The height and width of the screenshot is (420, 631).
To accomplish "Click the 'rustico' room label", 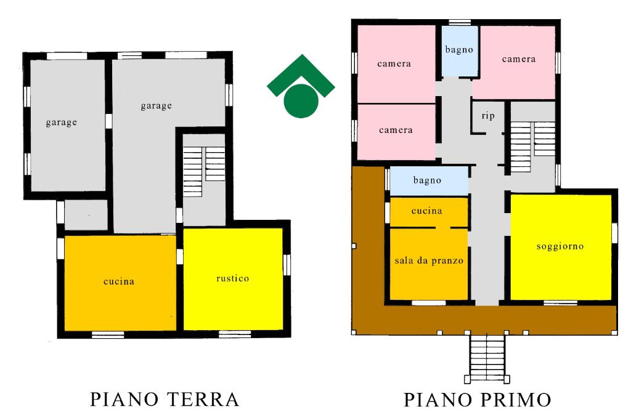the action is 232,278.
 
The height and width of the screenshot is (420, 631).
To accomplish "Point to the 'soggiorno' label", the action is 560,246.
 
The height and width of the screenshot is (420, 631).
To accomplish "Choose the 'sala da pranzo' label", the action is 429,260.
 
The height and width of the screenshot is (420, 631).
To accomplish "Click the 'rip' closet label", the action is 488,115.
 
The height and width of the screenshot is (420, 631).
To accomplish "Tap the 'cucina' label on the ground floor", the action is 119,281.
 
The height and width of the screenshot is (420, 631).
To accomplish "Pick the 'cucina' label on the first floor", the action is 426,211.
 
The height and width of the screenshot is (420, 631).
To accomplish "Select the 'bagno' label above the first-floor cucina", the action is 427,180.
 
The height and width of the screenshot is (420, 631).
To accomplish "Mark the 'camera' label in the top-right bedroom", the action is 518,59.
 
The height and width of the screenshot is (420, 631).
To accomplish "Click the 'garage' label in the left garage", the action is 61,122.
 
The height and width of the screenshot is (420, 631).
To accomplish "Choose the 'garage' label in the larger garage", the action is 156,105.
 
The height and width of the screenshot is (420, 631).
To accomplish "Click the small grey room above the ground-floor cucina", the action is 86,214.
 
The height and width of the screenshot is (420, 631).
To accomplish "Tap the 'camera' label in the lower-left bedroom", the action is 396,130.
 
